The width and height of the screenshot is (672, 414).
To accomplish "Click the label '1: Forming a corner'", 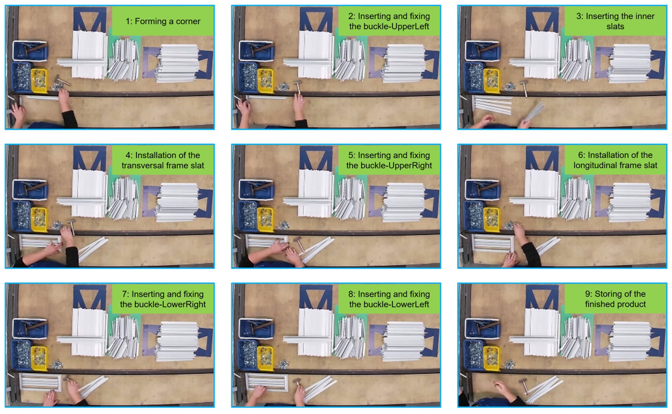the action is coord(163,21).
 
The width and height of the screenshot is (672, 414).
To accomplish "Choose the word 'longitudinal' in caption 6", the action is coord(597,165).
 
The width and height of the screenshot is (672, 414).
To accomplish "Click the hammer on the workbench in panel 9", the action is coord(524,385).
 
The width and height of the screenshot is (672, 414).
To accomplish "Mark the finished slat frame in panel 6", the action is coord(493,243).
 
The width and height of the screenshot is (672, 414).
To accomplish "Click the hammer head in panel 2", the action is coord(297,82).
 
